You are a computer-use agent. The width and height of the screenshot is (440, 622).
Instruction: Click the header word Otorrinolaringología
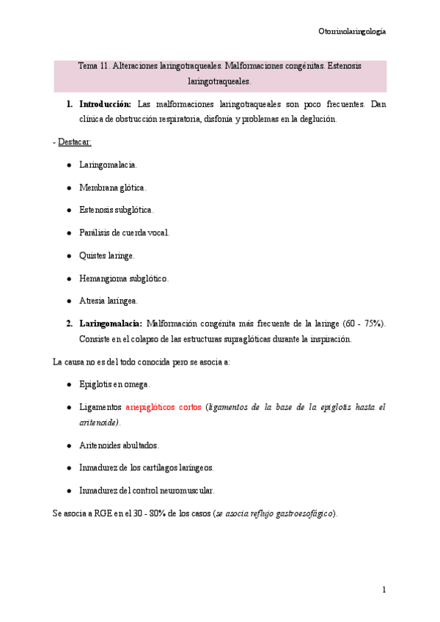tap(352, 32)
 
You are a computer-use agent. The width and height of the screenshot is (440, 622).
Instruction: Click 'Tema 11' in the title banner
tap(93, 66)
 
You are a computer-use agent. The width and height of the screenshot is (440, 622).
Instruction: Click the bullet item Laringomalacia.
tap(108, 165)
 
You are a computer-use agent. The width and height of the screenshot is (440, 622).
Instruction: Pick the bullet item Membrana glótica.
tap(113, 188)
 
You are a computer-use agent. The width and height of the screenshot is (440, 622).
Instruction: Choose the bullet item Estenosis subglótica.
tap(117, 210)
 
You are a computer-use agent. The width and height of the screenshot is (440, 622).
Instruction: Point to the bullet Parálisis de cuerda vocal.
tap(124, 233)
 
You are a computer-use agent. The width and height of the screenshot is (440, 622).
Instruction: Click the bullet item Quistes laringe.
tap(107, 255)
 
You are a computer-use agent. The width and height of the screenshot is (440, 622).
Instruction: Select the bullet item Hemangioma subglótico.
tap(124, 278)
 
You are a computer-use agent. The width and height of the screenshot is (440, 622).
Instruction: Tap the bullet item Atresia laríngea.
tap(109, 301)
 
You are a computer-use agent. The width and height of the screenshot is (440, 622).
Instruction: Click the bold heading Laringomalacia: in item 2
tap(111, 323)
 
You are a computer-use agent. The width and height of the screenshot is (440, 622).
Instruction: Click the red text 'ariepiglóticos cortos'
tap(164, 406)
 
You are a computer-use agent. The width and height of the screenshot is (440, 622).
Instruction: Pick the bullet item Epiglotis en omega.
tap(114, 384)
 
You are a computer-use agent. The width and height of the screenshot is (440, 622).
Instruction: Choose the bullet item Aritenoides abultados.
tap(119, 445)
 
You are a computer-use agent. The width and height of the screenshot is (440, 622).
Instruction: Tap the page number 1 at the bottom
tap(384, 590)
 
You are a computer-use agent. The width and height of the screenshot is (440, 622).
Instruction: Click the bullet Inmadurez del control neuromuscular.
tap(147, 490)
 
